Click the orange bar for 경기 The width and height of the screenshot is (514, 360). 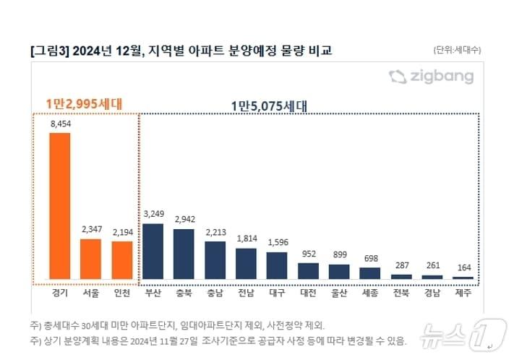click(x=59, y=206)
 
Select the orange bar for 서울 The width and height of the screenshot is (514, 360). click(x=90, y=259)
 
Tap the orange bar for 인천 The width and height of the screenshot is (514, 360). click(x=122, y=260)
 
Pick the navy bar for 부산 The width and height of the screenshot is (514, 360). click(x=153, y=251)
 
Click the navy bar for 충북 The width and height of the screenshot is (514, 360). click(x=184, y=254)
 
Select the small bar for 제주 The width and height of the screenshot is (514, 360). click(x=463, y=278)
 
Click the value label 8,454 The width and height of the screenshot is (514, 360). click(x=59, y=124)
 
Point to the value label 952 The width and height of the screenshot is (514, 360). click(x=309, y=254)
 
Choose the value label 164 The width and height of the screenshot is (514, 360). click(x=463, y=267)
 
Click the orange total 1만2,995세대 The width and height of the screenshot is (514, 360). click(x=84, y=103)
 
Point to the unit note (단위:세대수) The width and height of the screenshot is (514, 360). click(x=457, y=50)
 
